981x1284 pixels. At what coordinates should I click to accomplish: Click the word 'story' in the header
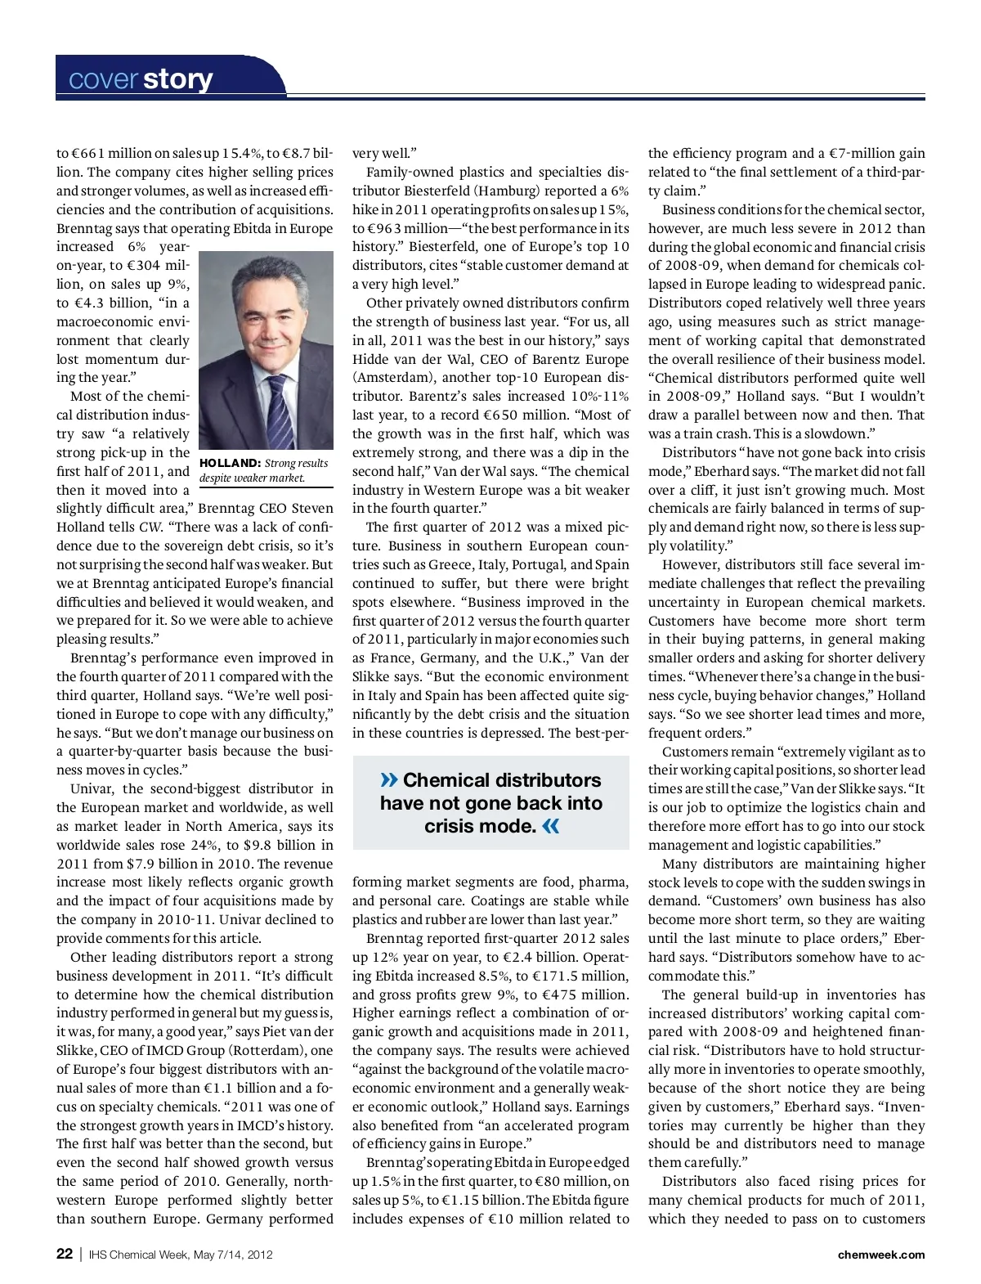(177, 79)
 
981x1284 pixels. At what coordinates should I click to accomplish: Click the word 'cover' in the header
(103, 79)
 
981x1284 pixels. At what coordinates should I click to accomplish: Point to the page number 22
(65, 1254)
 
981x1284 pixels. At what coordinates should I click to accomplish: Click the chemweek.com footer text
(880, 1255)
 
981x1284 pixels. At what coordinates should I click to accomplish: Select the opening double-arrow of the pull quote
(389, 780)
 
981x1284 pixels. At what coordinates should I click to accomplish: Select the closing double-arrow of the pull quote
(551, 826)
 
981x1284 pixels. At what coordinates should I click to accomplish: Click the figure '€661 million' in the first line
(110, 153)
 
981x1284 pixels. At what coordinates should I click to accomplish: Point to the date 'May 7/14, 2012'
(233, 1255)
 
